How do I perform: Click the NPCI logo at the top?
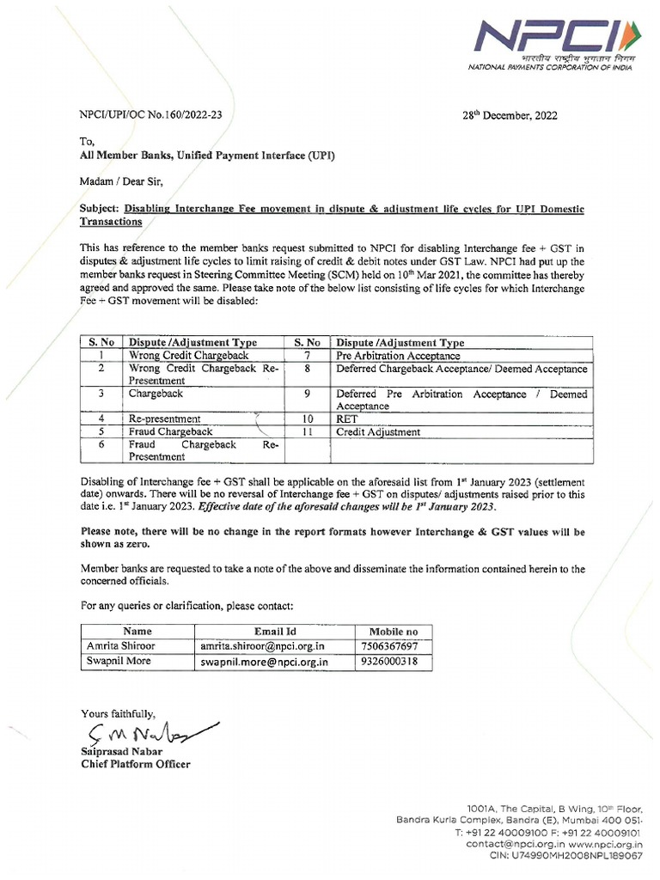tap(549, 38)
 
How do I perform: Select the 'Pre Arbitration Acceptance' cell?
tap(398, 355)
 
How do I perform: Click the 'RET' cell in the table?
tap(347, 419)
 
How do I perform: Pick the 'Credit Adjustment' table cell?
tap(378, 432)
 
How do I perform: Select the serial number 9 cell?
tap(307, 394)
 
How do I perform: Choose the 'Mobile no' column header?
tap(394, 631)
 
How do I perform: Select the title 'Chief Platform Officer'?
tap(136, 764)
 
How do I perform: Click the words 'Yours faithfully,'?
tap(119, 713)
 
